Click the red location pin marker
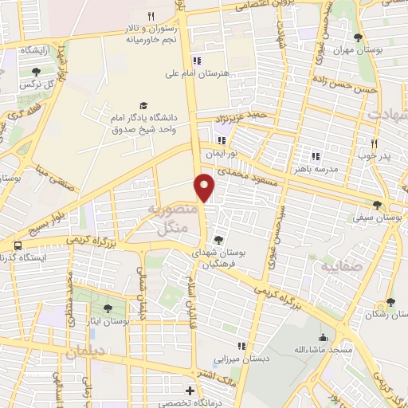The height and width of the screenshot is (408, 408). tap(205, 186)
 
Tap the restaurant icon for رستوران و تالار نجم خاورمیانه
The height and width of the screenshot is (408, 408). tap(150, 16)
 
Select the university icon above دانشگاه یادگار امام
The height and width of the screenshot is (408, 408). tap(143, 105)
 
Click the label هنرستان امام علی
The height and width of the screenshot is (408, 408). tap(197, 73)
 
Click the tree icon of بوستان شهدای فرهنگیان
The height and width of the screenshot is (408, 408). tap(218, 239)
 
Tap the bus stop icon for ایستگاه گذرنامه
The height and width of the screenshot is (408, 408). tap(18, 245)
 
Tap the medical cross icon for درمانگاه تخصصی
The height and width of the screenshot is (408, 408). tap(189, 390)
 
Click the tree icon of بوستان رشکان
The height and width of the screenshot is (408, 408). tap(390, 302)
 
